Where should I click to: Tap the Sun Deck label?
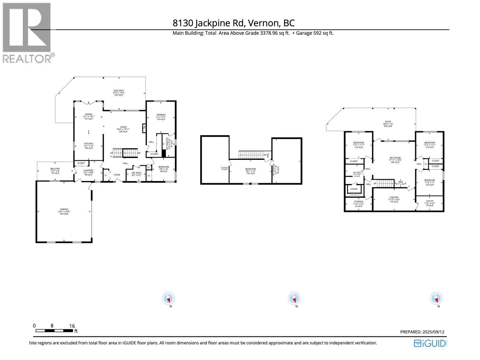(x=119, y=93)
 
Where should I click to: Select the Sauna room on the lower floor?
(x=354, y=189)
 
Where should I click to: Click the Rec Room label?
(x=395, y=160)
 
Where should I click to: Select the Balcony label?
(x=55, y=170)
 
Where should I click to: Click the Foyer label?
(x=117, y=175)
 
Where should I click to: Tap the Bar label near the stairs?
(x=401, y=183)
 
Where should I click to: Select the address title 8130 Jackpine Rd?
(x=233, y=23)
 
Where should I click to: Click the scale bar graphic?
(x=54, y=331)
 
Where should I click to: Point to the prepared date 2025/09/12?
(x=422, y=332)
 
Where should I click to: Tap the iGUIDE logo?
(x=430, y=343)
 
